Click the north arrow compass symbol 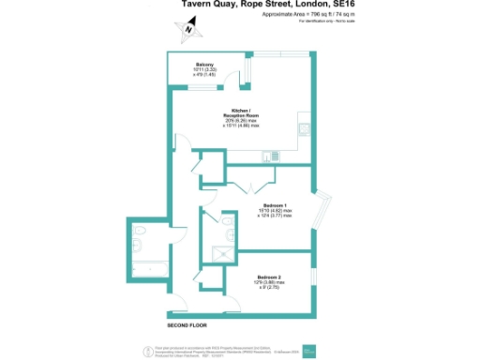[x=189, y=29]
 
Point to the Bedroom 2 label [x=273, y=276]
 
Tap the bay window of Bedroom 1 [x=325, y=211]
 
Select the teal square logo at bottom [x=318, y=351]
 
